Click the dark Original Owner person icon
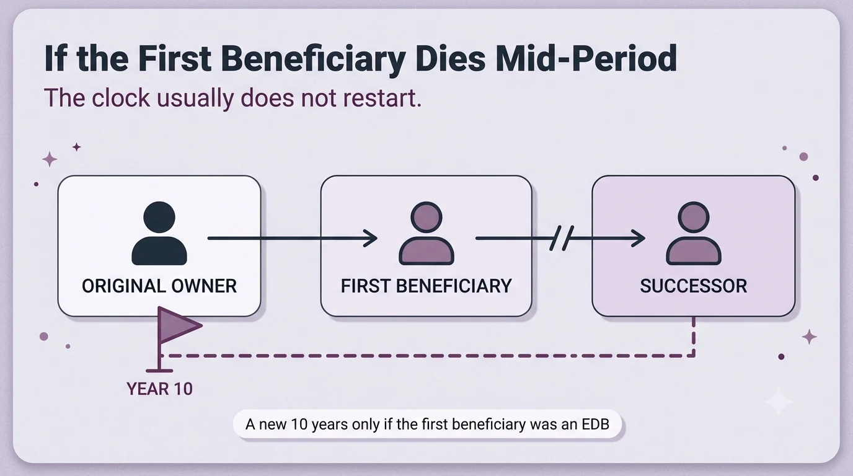[x=159, y=233]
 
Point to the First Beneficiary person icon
[x=427, y=233]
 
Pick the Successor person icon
[x=694, y=233]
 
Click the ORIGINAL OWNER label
[x=159, y=286]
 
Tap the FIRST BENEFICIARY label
[x=426, y=286]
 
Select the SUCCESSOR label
[x=694, y=286]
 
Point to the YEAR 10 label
[x=159, y=389]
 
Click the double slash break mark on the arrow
[x=562, y=239]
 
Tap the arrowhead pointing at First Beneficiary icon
[x=371, y=239]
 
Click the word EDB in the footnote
[x=596, y=424]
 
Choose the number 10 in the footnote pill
[x=299, y=424]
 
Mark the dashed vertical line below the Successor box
[x=694, y=337]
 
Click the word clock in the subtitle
[x=121, y=98]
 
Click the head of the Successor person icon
[x=694, y=218]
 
